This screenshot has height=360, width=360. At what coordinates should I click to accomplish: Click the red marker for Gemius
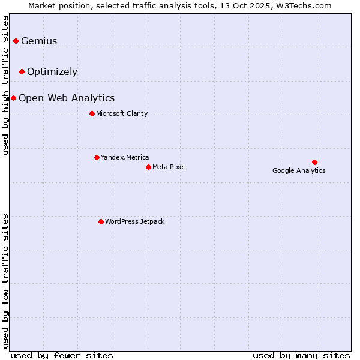tap(16, 41)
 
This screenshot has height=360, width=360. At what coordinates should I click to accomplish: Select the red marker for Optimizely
tap(22, 71)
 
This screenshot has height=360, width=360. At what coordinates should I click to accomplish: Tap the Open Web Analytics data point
tap(13, 98)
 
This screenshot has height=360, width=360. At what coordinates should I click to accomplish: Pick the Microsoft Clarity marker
tap(92, 113)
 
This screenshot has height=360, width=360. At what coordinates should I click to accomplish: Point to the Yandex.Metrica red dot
tap(97, 157)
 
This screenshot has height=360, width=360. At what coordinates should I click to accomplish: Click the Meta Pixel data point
tap(148, 167)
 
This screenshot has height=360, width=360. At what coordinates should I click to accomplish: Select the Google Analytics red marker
tap(314, 162)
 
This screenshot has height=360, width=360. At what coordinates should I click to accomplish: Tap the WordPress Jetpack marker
tap(101, 221)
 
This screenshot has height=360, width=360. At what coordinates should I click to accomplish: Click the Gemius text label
tap(39, 41)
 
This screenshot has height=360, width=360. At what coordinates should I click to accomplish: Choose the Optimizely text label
tap(52, 71)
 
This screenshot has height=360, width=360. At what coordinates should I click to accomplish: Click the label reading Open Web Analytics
tap(67, 98)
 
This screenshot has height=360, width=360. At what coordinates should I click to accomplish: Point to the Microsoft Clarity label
tap(122, 113)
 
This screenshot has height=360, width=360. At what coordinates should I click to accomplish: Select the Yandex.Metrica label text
tap(125, 157)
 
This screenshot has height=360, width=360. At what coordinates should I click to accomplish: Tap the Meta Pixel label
tap(169, 167)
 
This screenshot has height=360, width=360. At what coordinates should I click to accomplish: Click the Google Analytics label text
tap(299, 170)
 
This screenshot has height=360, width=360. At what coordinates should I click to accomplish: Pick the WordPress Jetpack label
tap(134, 221)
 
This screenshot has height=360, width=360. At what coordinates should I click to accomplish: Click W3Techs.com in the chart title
tap(303, 5)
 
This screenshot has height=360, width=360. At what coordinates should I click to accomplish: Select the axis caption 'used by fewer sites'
tap(62, 355)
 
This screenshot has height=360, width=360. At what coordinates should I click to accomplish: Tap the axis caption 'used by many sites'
tap(301, 355)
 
